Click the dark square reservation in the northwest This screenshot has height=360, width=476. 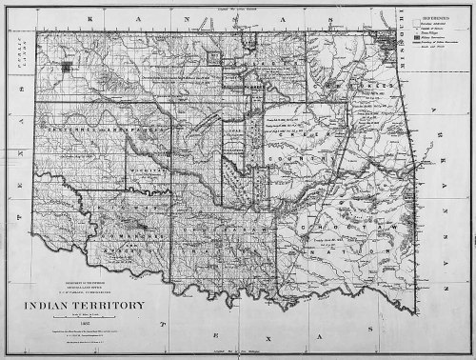coord(67,68)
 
